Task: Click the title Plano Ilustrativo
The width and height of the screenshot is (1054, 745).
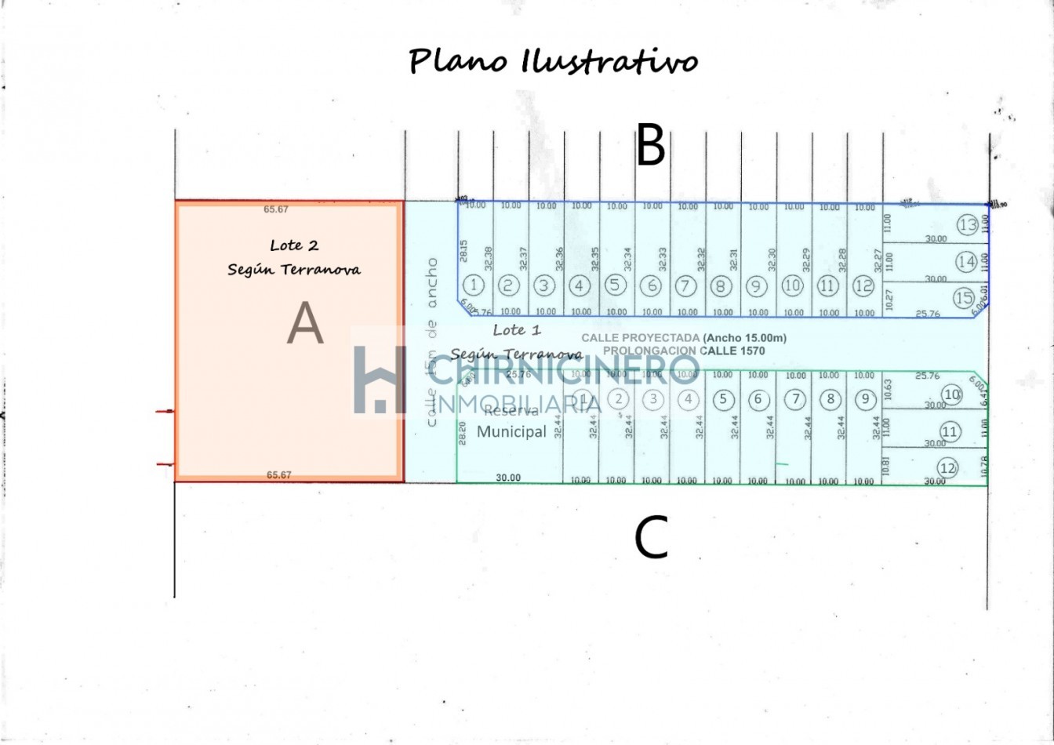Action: tap(553, 60)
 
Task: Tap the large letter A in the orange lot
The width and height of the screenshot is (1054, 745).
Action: tap(305, 324)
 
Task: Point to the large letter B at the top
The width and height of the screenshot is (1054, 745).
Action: tap(650, 146)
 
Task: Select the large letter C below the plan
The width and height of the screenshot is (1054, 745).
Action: tap(650, 538)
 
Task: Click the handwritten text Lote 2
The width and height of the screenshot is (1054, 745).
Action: tap(294, 245)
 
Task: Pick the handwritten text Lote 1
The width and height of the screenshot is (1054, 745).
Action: tap(517, 330)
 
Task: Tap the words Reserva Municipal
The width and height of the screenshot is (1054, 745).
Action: tap(511, 422)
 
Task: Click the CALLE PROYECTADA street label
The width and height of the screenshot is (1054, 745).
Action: tap(683, 338)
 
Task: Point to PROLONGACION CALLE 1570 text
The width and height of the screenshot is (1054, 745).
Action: tap(683, 351)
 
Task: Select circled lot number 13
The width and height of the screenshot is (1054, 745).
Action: tap(968, 225)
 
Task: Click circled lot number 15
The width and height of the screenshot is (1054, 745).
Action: tap(964, 298)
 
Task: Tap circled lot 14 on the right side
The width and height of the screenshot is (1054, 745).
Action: tap(966, 261)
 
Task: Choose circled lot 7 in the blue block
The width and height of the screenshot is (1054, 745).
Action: tap(685, 285)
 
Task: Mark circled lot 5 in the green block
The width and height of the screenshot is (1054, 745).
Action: tap(722, 399)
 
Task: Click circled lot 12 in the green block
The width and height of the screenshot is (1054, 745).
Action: tap(948, 468)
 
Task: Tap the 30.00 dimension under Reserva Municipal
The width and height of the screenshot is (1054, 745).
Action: tap(508, 478)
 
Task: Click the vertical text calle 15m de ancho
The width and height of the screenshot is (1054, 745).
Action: tap(431, 342)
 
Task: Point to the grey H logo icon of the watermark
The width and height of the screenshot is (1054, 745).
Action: tap(380, 379)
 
